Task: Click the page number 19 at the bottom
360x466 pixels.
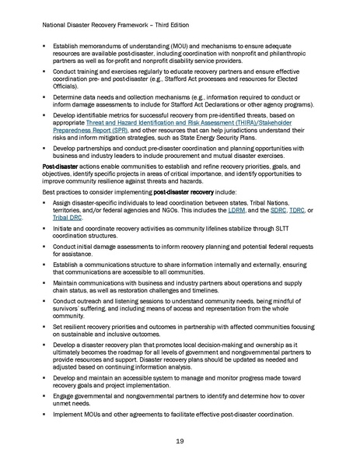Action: coord(180,440)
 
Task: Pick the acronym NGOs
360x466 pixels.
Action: coord(169,211)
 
